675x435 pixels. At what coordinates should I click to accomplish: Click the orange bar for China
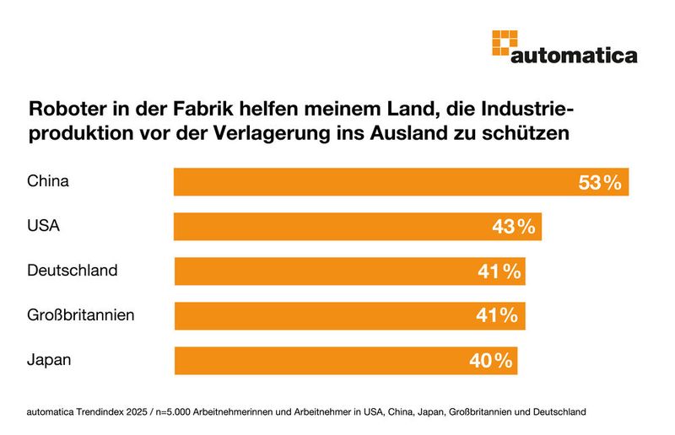(401, 181)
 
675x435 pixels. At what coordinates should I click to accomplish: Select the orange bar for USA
(358, 227)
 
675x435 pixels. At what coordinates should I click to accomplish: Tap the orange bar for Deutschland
(349, 271)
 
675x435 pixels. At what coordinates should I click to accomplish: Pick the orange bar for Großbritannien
(349, 316)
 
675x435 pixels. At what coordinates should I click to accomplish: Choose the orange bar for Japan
(346, 361)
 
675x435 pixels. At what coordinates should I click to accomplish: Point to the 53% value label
(600, 182)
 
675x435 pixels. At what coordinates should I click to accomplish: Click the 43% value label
(513, 227)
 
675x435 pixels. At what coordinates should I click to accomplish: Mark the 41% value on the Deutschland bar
(498, 271)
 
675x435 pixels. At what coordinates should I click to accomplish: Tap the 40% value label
(491, 361)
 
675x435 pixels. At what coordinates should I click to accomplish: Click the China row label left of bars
(47, 180)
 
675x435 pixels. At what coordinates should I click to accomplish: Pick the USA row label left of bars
(43, 226)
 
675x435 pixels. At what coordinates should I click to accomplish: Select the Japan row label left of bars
(49, 359)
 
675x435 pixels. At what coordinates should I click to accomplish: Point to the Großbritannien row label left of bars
(81, 315)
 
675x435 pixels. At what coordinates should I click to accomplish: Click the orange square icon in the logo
(503, 43)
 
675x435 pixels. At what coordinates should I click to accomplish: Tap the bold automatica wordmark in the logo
(574, 56)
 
